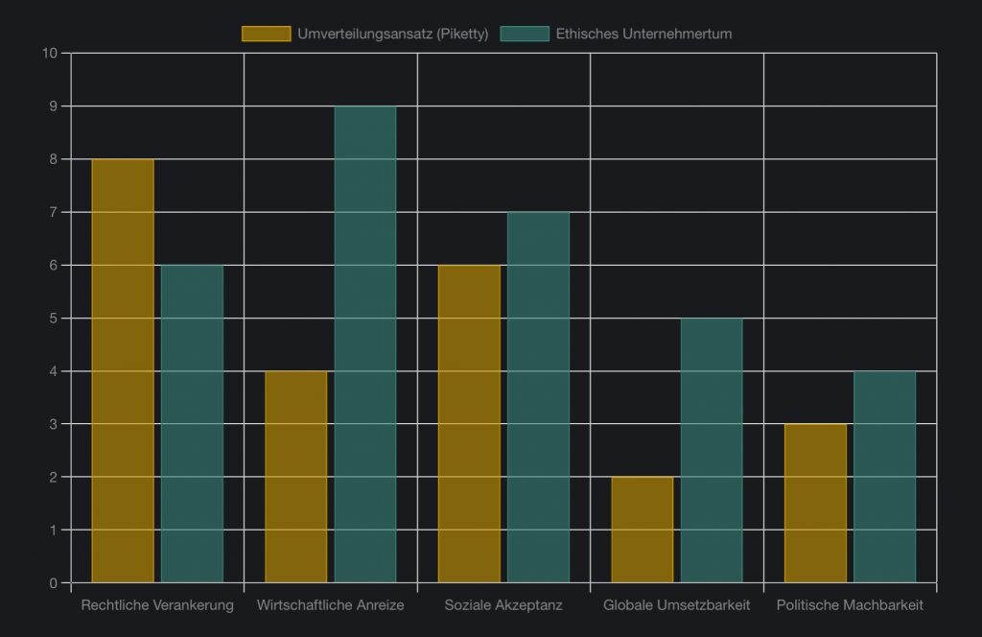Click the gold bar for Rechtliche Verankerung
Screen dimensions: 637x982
[123, 370]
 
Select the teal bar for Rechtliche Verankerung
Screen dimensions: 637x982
[192, 423]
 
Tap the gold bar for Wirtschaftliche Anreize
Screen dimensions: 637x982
[295, 477]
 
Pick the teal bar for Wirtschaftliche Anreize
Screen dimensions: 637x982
[365, 343]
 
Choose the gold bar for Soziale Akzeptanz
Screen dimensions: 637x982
[469, 423]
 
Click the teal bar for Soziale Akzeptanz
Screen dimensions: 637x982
[538, 397]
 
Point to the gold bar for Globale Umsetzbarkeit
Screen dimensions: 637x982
[643, 530]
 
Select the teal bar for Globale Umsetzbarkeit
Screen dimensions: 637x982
[712, 450]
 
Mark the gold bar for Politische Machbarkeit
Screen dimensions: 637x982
[815, 503]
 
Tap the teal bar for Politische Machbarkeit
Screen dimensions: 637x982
[884, 477]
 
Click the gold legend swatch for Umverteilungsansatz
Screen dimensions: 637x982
[266, 34]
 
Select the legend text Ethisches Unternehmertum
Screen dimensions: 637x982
[643, 34]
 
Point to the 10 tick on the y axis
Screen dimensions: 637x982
[50, 53]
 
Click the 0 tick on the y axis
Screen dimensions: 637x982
[53, 582]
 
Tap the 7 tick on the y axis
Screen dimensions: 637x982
[53, 212]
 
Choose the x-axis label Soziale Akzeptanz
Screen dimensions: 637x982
[503, 605]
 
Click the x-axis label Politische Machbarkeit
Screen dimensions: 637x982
[850, 605]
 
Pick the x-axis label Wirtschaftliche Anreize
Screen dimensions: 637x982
[330, 605]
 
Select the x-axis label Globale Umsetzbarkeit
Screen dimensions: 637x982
[677, 605]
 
